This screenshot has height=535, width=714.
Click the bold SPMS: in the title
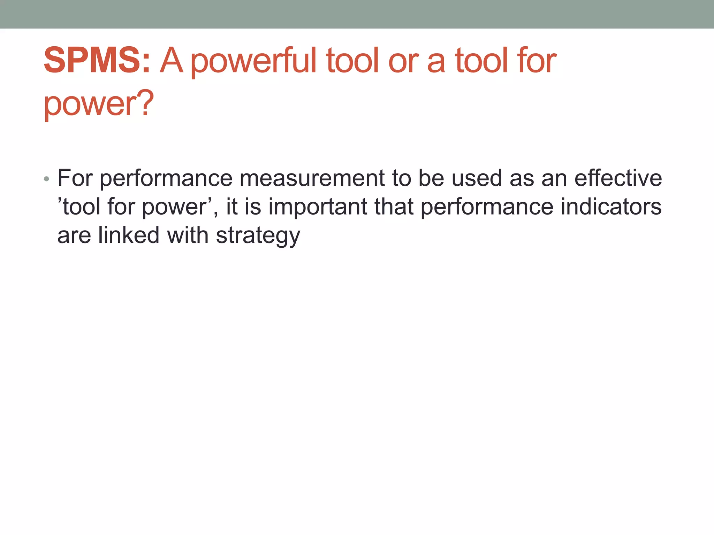pyautogui.click(x=97, y=61)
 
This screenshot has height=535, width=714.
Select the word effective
pyautogui.click(x=618, y=178)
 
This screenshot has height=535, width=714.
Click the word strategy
pyautogui.click(x=258, y=236)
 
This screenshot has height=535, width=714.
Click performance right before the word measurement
pyautogui.click(x=166, y=179)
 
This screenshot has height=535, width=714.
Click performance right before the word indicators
pyautogui.click(x=487, y=207)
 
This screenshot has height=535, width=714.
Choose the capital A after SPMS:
pyautogui.click(x=172, y=61)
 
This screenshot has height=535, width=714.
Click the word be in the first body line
pyautogui.click(x=431, y=178)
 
